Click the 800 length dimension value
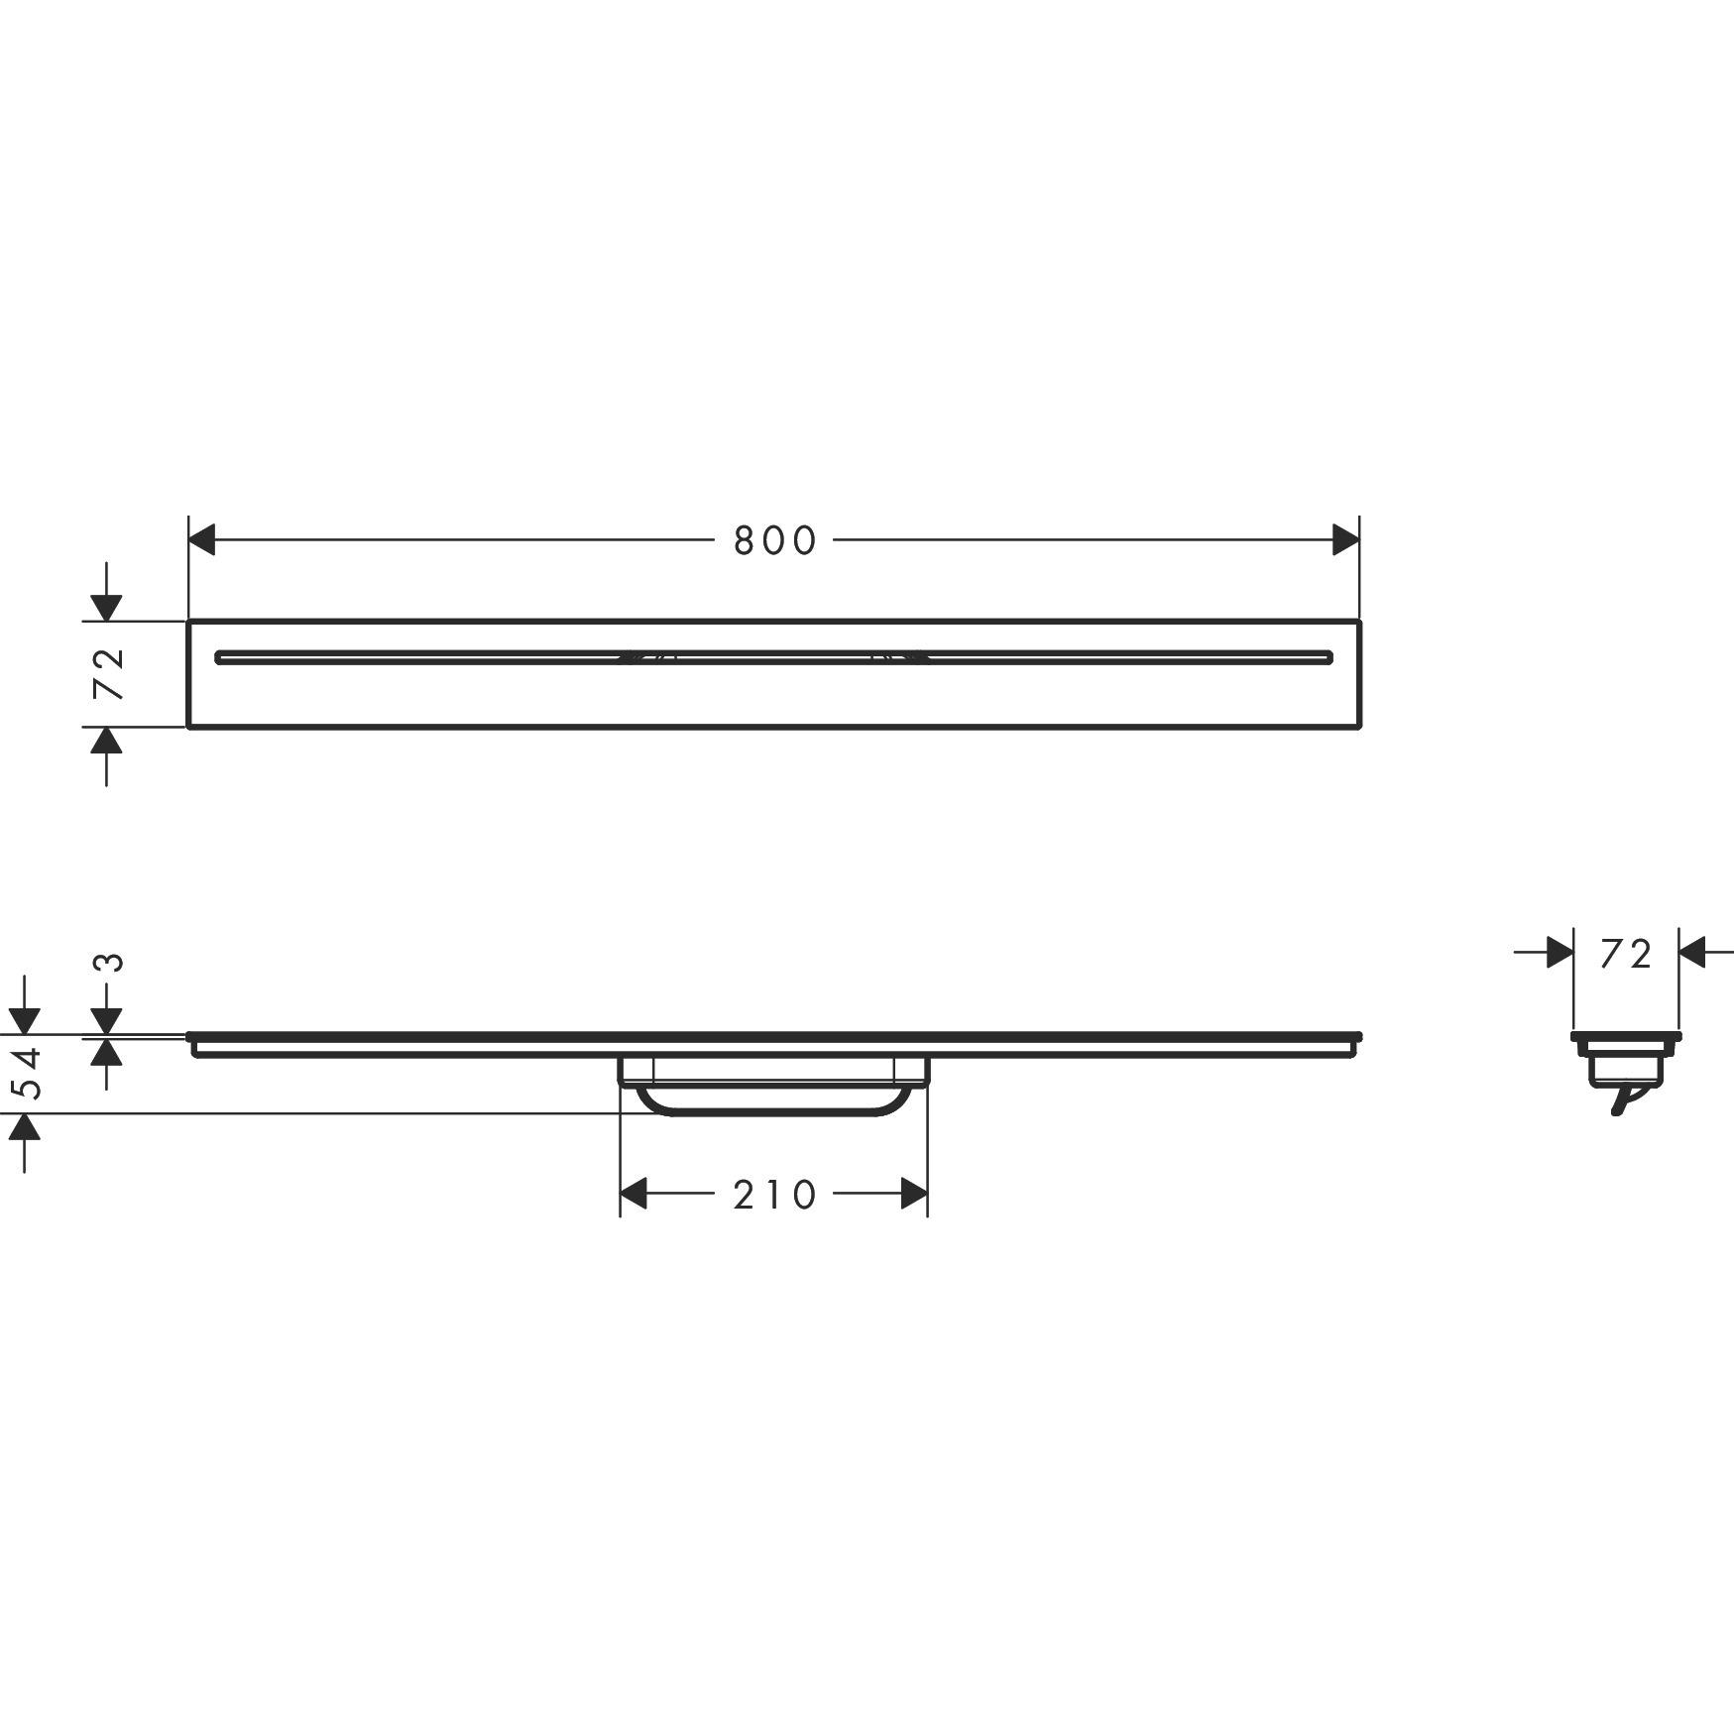pyautogui.click(x=774, y=541)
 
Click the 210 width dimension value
pyautogui.click(x=774, y=1196)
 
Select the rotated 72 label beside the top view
pyautogui.click(x=107, y=673)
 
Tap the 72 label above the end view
pyautogui.click(x=1626, y=954)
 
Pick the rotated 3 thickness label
pyautogui.click(x=112, y=962)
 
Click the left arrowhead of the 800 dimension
pyautogui.click(x=202, y=540)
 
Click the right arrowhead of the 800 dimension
pyautogui.click(x=1345, y=540)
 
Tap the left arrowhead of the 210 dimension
pyautogui.click(x=634, y=1194)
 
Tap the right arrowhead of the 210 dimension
pyautogui.click(x=914, y=1194)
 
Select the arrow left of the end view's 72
pyautogui.click(x=1560, y=953)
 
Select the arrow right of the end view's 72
pyautogui.click(x=1692, y=953)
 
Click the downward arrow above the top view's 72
pyautogui.click(x=106, y=608)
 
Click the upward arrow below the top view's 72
pyautogui.click(x=106, y=741)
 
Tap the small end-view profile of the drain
pyautogui.click(x=1626, y=1061)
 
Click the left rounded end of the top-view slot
pyautogui.click(x=220, y=657)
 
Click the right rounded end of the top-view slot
pyautogui.click(x=1329, y=657)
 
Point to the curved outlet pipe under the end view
pyautogui.click(x=1622, y=1100)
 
